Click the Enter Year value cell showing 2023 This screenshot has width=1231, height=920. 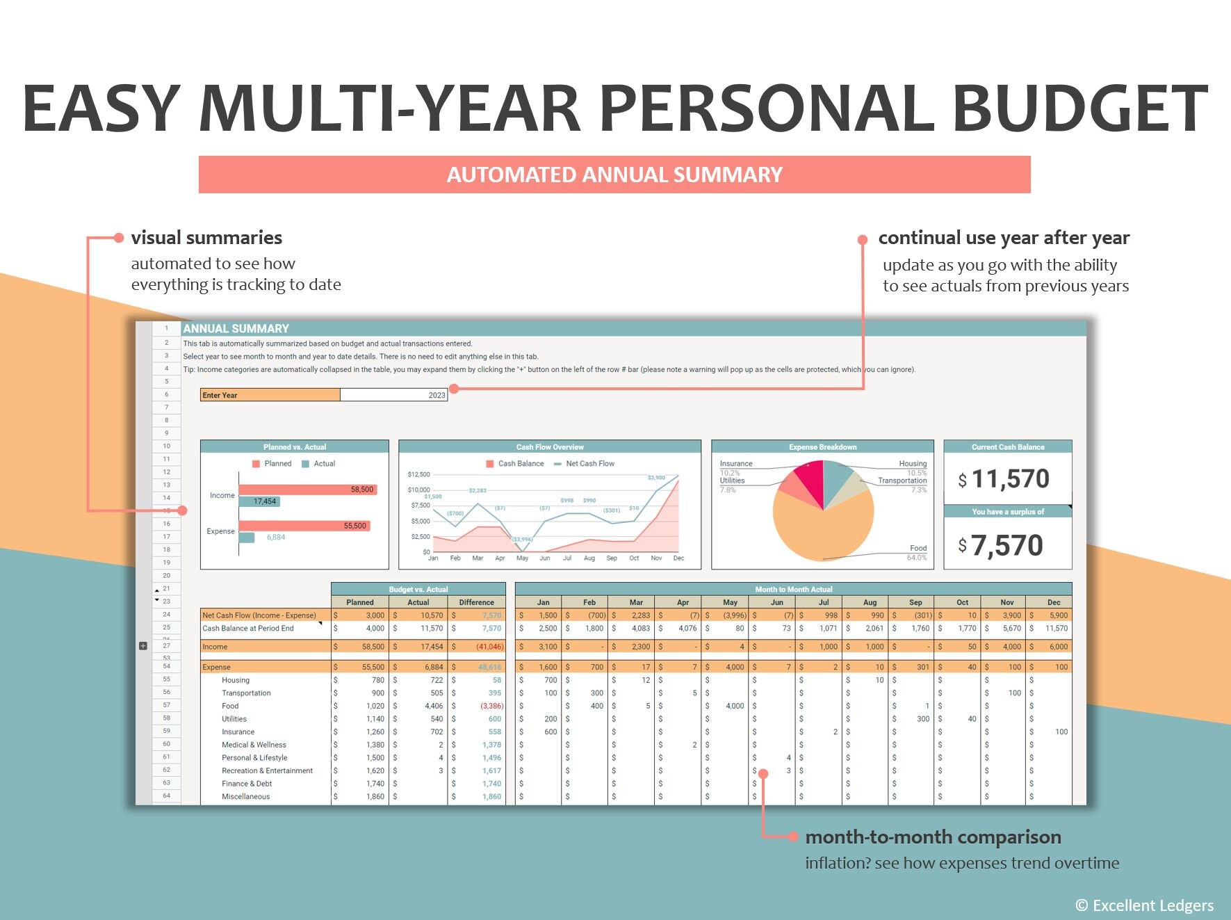393,395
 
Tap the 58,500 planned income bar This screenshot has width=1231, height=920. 307,490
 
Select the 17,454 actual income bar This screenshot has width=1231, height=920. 259,501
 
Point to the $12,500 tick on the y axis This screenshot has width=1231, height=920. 418,474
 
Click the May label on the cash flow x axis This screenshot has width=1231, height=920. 522,558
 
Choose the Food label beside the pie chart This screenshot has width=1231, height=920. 918,548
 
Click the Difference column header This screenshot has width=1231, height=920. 476,602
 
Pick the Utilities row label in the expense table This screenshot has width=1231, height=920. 234,719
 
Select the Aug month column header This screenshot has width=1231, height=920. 869,602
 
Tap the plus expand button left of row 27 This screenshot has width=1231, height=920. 143,646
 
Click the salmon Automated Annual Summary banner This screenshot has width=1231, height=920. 614,175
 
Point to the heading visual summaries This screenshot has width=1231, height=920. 206,238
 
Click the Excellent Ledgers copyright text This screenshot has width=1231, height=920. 1144,905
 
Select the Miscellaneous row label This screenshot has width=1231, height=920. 245,797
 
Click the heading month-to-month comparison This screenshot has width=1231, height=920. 933,837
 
